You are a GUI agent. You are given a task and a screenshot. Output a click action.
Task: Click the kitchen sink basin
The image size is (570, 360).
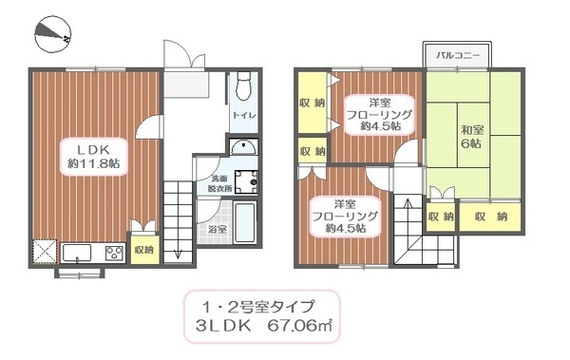coord(76,254)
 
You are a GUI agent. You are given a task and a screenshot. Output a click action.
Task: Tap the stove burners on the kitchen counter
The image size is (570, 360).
coord(112,254)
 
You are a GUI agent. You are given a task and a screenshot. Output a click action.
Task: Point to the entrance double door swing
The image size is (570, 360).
coord(182,55)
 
